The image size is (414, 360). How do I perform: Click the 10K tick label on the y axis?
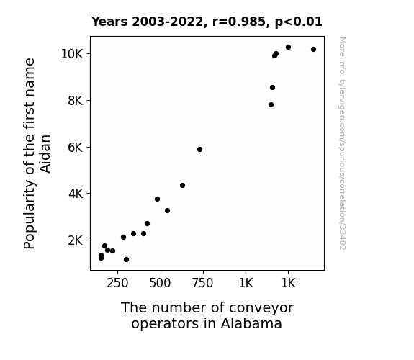[x=72, y=54]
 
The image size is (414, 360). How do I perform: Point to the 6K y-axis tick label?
[x=76, y=148]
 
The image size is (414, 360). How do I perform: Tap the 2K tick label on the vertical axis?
[x=76, y=240]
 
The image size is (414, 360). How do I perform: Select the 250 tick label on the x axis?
[x=117, y=284]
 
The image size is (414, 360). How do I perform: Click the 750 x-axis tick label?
[x=202, y=284]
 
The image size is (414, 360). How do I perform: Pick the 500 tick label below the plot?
[x=160, y=284]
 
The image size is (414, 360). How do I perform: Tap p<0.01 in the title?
[x=299, y=22]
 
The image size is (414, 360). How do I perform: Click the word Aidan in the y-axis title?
[x=45, y=154]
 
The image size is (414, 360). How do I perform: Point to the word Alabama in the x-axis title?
[x=251, y=323]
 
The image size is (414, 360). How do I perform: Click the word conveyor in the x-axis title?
[x=261, y=308]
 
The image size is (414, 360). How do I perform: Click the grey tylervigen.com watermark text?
[x=342, y=143]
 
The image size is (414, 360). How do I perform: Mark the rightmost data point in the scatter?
[x=313, y=50]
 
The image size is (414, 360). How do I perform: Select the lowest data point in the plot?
[x=126, y=260]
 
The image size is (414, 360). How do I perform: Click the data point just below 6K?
[x=199, y=150]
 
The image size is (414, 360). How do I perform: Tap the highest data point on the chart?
[x=288, y=48]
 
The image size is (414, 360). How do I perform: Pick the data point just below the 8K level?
[x=271, y=105]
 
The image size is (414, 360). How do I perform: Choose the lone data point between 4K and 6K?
[x=182, y=186]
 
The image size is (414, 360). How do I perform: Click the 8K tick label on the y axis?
[x=76, y=101]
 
